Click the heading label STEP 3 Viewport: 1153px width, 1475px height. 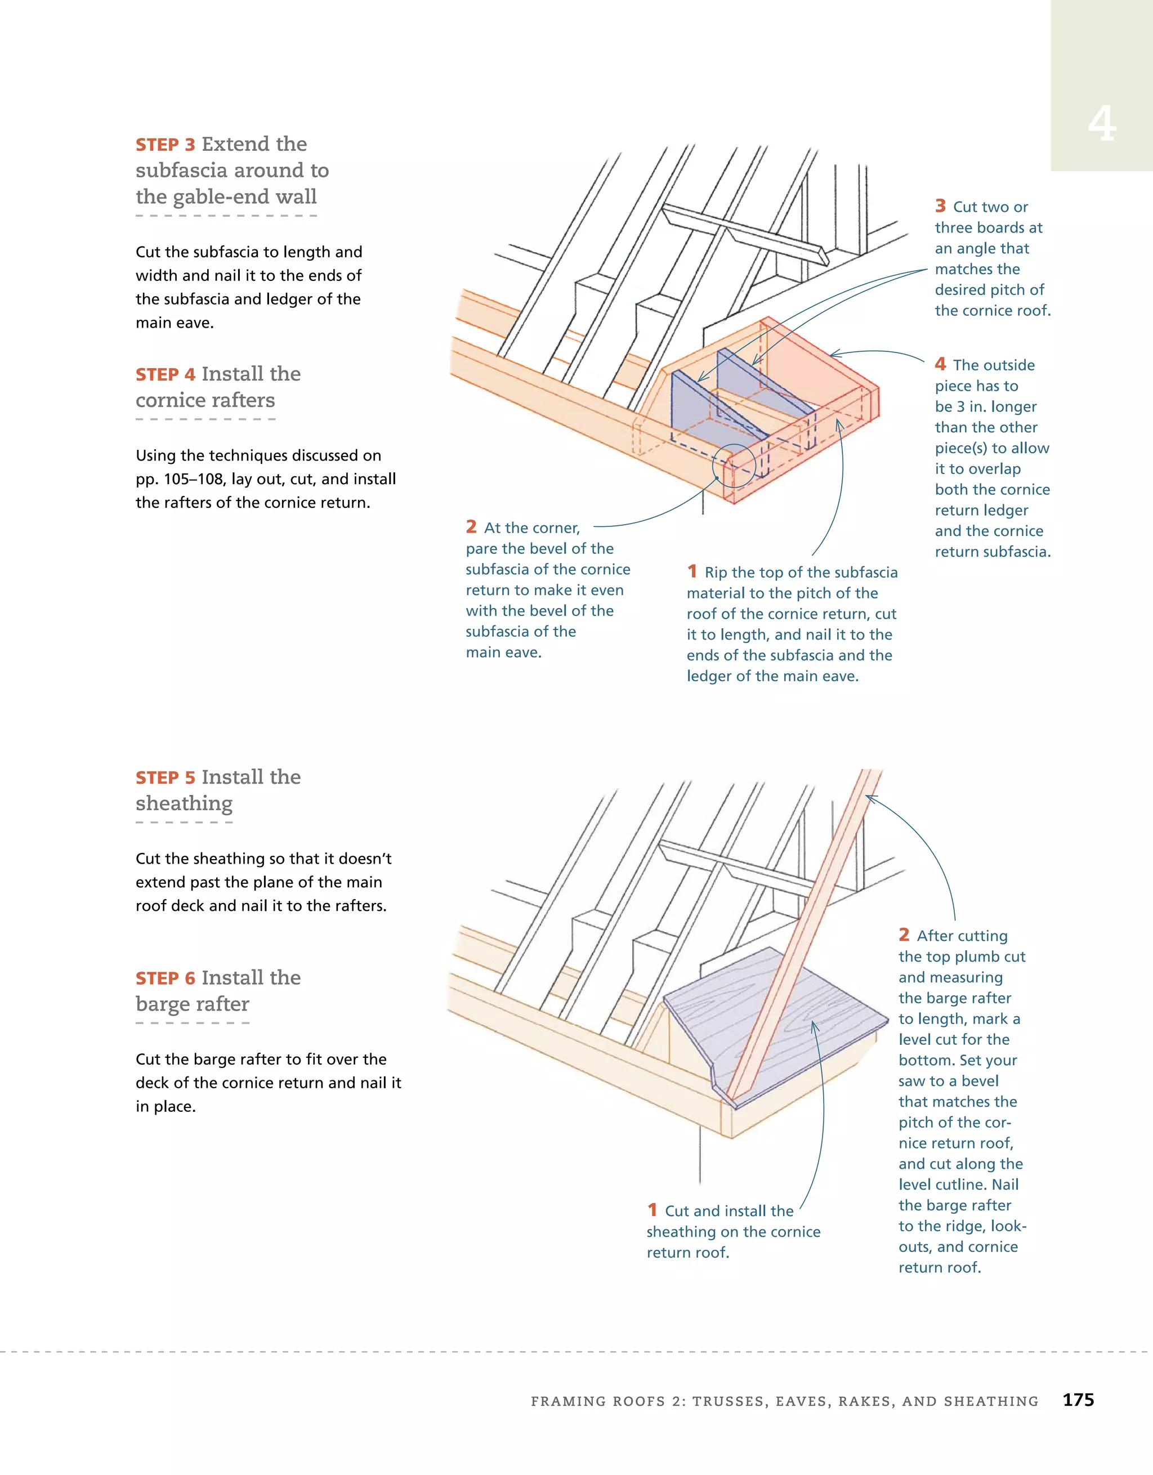[x=166, y=145]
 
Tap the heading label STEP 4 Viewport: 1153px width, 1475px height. [x=166, y=375]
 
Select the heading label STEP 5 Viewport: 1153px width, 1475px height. [x=166, y=778]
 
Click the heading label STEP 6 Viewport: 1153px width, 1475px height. [x=166, y=978]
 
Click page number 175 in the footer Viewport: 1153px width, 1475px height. [x=1078, y=1400]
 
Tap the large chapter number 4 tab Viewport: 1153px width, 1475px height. [x=1102, y=125]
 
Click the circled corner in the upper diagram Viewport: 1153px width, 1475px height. [x=734, y=466]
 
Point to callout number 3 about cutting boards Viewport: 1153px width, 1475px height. [x=940, y=206]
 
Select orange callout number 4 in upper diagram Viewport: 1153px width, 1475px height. [x=940, y=364]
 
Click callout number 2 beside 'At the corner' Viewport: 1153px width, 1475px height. [x=471, y=527]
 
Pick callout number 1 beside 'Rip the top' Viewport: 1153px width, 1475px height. [x=692, y=571]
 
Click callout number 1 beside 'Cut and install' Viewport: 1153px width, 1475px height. [x=652, y=1210]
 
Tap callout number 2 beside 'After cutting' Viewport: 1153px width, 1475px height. [x=904, y=935]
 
